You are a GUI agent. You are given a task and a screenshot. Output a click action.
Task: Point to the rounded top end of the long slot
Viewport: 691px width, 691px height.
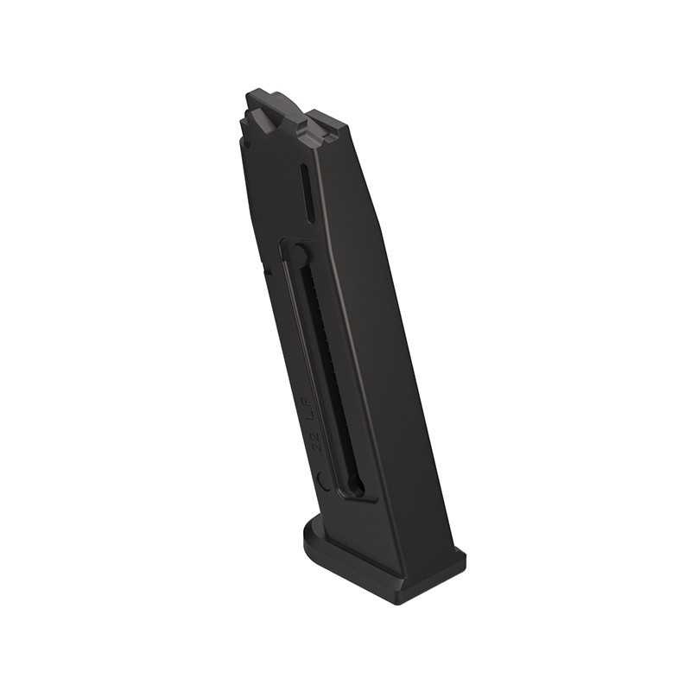(296, 252)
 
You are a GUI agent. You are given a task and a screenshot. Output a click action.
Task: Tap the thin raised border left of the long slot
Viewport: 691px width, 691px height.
(288, 345)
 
